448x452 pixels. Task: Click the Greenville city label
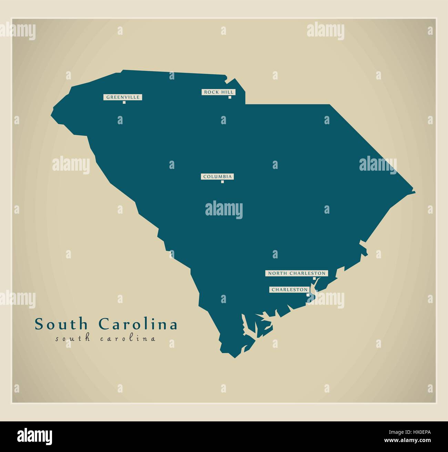123,97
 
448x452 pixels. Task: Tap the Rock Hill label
218,92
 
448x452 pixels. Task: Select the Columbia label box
217,177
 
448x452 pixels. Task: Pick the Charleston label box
289,290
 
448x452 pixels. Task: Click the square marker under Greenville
124,103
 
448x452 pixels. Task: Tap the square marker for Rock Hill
230,97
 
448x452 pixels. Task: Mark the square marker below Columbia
222,182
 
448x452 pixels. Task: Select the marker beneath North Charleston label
314,278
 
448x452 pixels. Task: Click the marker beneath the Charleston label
307,294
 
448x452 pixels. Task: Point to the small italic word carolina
128,339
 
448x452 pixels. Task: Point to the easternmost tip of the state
415,191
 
